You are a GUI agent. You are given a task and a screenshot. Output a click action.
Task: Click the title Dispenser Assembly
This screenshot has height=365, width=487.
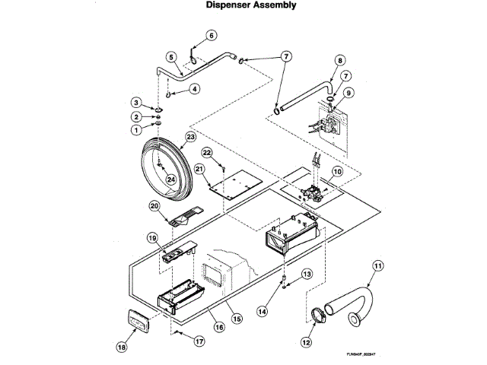pyautogui.click(x=243, y=6)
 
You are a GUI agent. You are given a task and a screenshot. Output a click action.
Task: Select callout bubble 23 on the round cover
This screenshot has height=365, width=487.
pyautogui.click(x=190, y=136)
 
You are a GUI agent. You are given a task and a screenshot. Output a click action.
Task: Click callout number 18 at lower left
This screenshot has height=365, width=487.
pyautogui.click(x=121, y=347)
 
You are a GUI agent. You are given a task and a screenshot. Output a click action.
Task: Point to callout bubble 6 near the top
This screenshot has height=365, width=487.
pyautogui.click(x=212, y=34)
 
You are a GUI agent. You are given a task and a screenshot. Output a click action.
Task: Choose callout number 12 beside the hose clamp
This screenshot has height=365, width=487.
pyautogui.click(x=307, y=343)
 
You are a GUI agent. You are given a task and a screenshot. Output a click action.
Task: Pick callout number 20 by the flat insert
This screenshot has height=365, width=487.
pyautogui.click(x=154, y=205)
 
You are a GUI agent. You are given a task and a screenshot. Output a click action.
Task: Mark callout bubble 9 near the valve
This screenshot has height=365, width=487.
pyautogui.click(x=349, y=94)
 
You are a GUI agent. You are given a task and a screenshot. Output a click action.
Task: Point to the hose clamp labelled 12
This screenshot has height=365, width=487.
pyautogui.click(x=323, y=313)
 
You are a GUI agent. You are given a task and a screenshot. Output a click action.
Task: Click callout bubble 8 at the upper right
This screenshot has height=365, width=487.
pyautogui.click(x=340, y=59)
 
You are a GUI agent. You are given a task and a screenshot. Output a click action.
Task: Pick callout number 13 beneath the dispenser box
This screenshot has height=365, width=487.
pyautogui.click(x=307, y=273)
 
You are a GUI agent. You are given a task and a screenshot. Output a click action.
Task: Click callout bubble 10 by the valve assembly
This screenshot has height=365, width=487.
pyautogui.click(x=336, y=173)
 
